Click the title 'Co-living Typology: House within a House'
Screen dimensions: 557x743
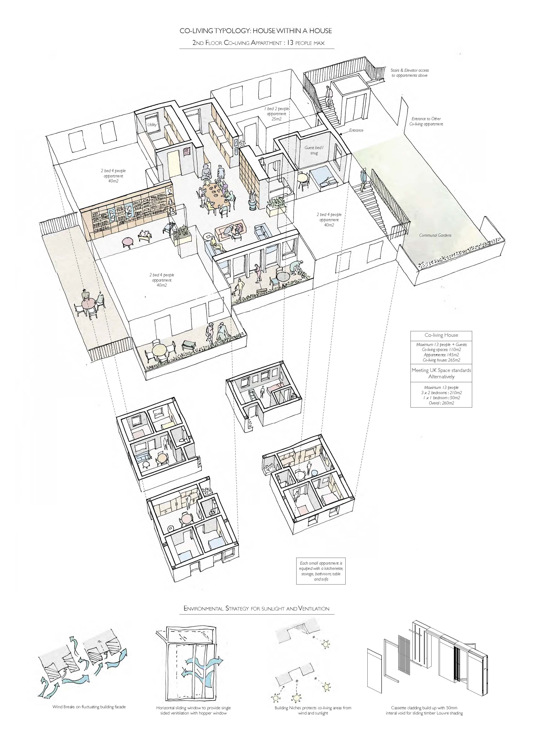[255, 31]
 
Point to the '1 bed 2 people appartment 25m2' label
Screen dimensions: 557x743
[276, 114]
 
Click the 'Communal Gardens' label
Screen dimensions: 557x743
[435, 235]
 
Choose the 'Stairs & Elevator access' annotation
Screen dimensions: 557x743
[410, 70]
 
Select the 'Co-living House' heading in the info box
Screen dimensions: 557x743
[441, 335]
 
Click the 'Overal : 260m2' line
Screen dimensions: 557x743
[441, 403]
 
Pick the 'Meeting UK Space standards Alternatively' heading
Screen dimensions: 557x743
[441, 373]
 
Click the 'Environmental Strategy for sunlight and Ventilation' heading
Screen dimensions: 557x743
[256, 608]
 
